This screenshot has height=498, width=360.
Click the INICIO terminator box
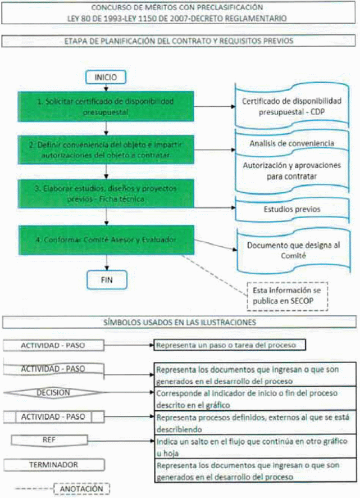(x=106, y=77)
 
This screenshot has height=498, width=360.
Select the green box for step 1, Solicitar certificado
(x=106, y=107)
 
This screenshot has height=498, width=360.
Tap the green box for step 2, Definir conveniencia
(x=106, y=148)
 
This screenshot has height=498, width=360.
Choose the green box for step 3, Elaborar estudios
(x=106, y=193)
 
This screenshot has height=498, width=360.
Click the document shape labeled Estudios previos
(x=291, y=210)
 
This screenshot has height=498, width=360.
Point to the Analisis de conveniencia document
(x=291, y=143)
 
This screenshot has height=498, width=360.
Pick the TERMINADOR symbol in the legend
(x=54, y=465)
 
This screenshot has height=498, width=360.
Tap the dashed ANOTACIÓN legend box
(x=81, y=489)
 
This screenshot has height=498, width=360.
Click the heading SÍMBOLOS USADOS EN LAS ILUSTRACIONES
(x=180, y=323)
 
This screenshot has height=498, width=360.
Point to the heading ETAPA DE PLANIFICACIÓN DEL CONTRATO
(x=180, y=41)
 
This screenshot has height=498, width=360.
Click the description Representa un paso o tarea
(x=230, y=345)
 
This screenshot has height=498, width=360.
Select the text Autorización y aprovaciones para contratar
(x=291, y=171)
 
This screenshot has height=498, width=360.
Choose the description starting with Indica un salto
(x=255, y=446)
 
